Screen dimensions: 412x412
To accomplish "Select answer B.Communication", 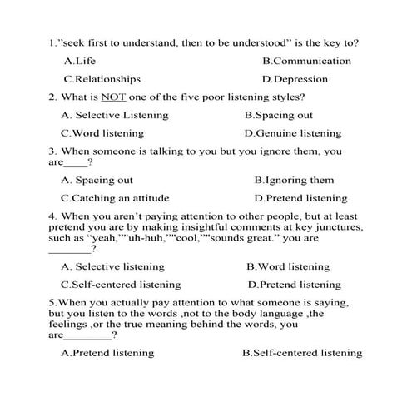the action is point(306,61).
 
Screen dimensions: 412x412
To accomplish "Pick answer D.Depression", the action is point(295,79).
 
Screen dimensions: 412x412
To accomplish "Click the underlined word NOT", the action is point(112,97).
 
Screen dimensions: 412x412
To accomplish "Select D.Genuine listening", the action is point(293,133).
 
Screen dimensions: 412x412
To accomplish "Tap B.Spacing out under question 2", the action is point(279,115).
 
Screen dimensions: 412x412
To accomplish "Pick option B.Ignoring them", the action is point(294,180).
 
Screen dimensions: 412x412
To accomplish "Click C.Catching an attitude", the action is point(115,198).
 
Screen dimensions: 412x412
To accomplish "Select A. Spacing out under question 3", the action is point(97,180).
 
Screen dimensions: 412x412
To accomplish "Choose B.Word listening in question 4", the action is point(288,266).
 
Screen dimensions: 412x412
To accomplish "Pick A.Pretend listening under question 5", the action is point(107,353).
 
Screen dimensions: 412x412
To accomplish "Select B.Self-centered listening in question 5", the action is point(301,353).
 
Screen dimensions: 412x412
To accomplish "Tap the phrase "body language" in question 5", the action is point(261,314).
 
